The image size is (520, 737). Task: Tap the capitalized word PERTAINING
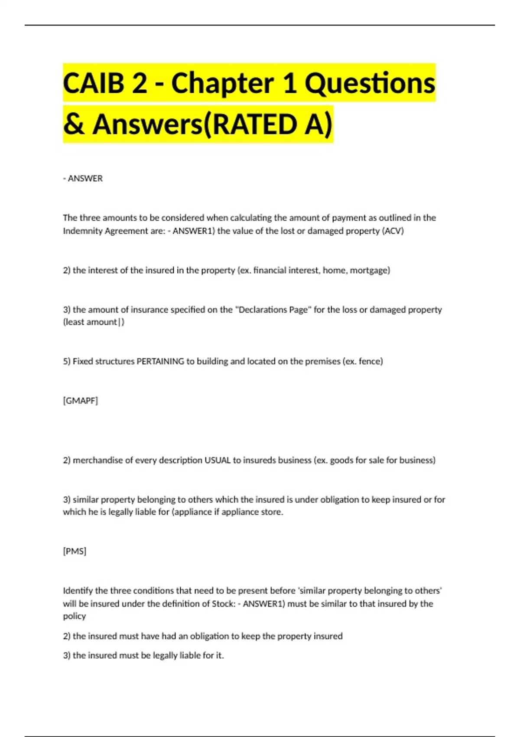tap(160, 361)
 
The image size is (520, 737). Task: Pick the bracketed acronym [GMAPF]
tap(81, 401)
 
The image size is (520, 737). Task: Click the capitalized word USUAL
tap(218, 460)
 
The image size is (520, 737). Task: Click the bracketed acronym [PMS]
tap(75, 551)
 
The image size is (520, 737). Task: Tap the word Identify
tap(78, 590)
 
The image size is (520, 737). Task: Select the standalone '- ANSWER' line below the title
tap(83, 178)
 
